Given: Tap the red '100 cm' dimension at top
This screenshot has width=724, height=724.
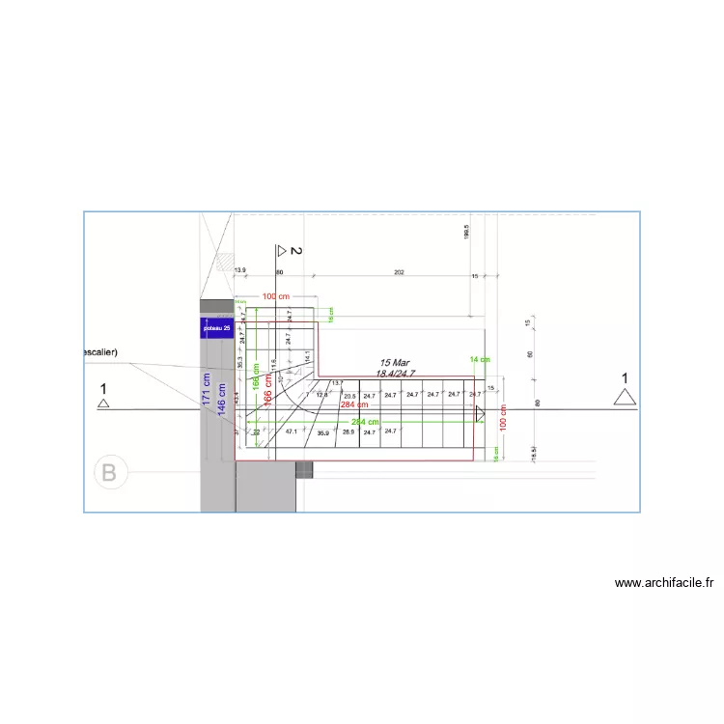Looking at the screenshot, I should point(277,296).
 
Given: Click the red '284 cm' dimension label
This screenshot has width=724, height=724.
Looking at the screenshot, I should point(354,405).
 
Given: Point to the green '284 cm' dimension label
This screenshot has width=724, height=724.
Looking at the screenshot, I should point(365,422).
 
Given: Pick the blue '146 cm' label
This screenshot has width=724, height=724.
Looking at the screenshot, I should point(222,400).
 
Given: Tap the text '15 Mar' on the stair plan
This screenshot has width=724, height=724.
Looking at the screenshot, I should point(396,364).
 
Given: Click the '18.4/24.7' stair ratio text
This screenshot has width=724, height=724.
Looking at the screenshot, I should point(396,374).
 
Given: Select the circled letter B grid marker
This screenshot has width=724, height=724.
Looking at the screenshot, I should point(109,473).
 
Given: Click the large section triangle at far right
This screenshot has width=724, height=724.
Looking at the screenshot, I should point(625,396).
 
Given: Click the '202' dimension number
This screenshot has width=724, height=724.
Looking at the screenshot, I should point(399,274).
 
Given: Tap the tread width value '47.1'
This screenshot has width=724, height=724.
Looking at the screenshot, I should point(291,432).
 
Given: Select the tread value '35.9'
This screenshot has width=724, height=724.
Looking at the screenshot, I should point(323,433).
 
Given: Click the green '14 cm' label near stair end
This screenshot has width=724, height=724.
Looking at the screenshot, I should point(480,359).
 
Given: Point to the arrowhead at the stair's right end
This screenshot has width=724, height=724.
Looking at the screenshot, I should point(480,413).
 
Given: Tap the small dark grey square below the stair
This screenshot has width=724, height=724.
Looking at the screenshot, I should point(304,470).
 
